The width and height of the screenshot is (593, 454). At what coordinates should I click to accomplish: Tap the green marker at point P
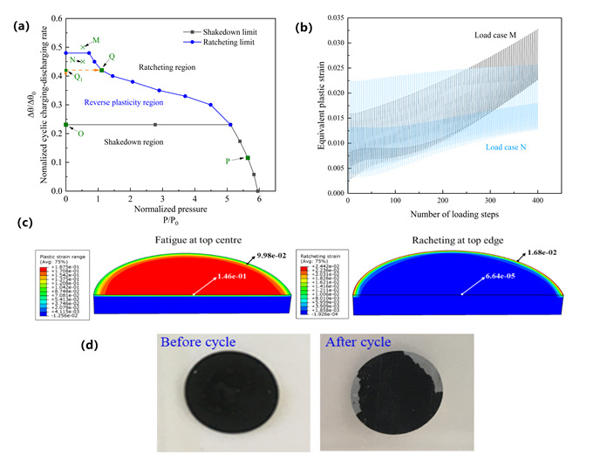249,158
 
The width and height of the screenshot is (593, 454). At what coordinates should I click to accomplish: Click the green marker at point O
66,125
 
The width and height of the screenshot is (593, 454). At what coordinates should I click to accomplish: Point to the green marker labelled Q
101,70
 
